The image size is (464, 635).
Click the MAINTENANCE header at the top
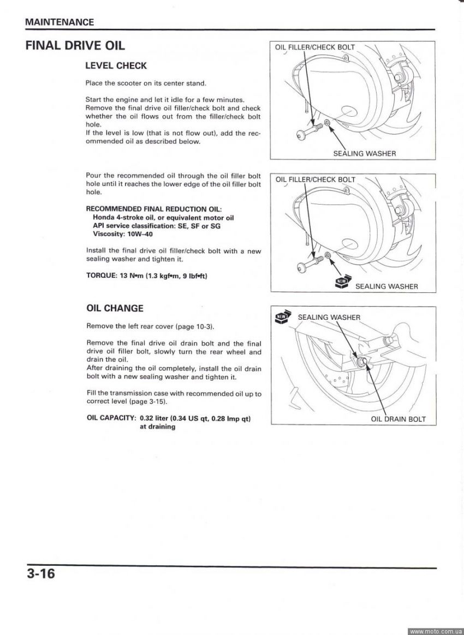[60, 22]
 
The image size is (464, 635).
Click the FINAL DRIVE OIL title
[75, 45]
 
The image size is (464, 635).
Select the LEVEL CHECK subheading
[116, 65]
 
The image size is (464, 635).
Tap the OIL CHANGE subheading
[115, 308]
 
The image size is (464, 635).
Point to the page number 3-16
[40, 574]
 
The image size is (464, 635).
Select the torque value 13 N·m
[131, 275]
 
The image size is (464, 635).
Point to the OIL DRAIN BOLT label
[398, 419]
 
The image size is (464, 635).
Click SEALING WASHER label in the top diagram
[364, 153]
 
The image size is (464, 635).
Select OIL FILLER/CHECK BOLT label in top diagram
[315, 47]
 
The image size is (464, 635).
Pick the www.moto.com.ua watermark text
[436, 631]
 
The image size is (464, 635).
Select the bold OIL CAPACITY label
[111, 418]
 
